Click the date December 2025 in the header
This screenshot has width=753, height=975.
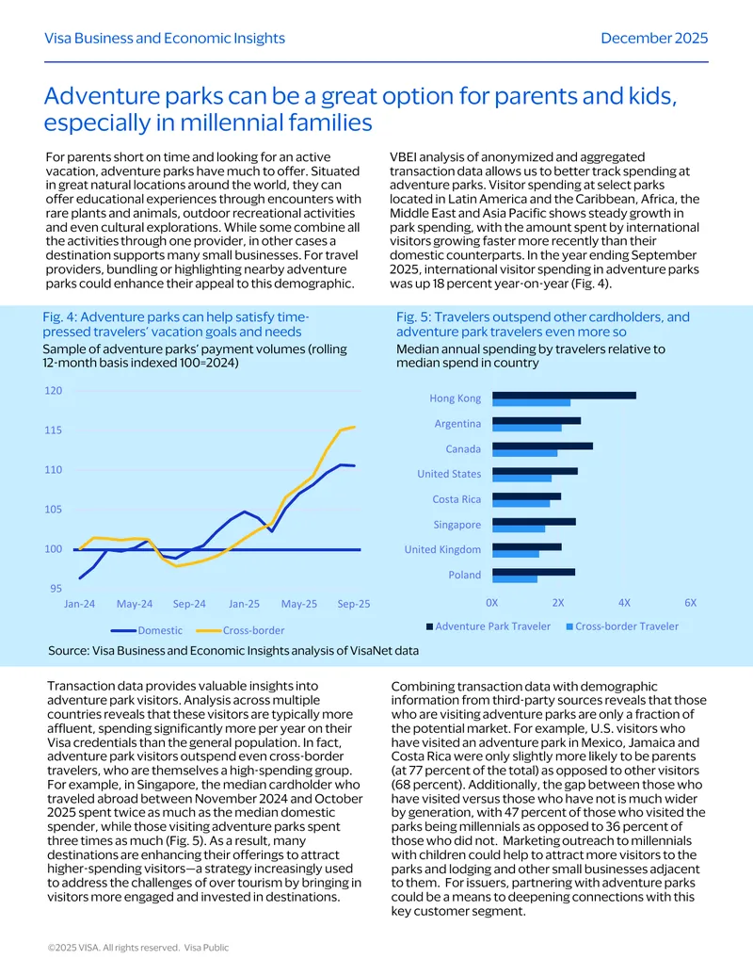[654, 38]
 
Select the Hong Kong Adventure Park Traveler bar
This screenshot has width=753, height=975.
[564, 396]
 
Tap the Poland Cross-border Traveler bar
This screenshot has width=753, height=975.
[515, 579]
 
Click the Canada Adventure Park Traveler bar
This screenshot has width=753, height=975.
[542, 446]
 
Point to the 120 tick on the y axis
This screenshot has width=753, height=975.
[54, 391]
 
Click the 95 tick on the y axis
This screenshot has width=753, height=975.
[56, 588]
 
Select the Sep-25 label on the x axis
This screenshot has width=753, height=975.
[354, 604]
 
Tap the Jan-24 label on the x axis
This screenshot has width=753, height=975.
[79, 604]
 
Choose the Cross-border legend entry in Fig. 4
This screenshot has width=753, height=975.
[240, 630]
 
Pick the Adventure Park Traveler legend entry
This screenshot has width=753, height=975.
[489, 626]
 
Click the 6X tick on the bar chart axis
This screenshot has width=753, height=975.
[690, 603]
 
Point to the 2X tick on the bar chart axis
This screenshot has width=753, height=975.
[558, 603]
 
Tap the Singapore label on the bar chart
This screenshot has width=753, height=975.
[457, 525]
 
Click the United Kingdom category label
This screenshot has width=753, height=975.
[442, 550]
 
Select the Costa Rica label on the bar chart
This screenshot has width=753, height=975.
[457, 499]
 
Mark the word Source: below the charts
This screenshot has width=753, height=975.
[69, 650]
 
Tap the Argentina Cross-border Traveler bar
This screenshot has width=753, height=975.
[527, 428]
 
